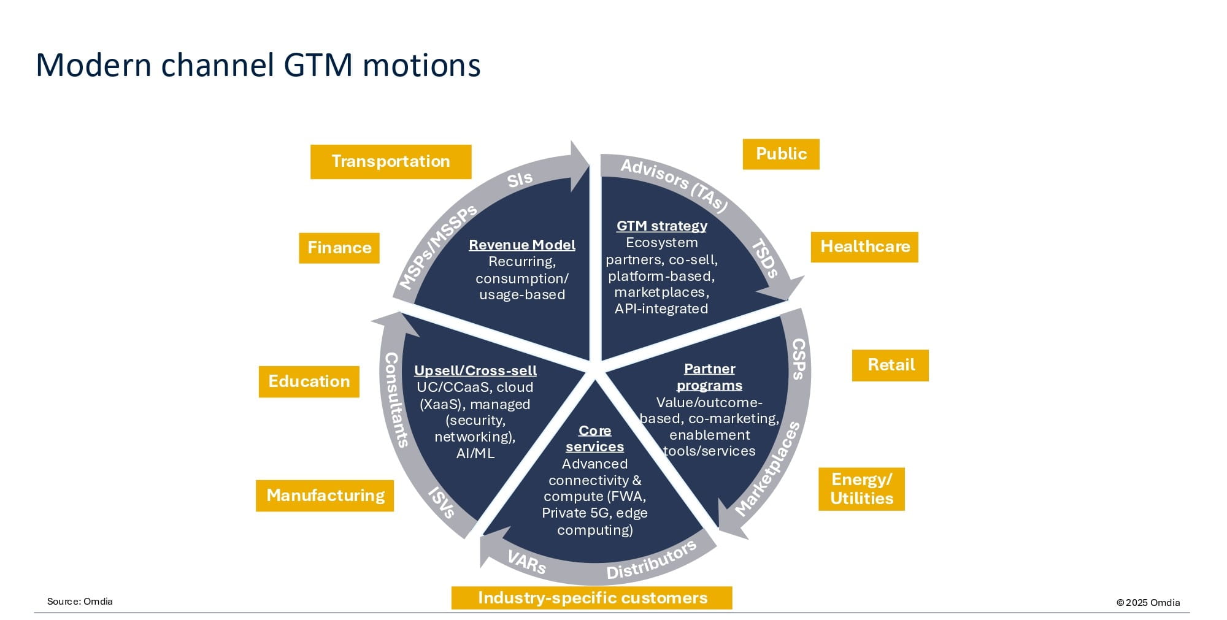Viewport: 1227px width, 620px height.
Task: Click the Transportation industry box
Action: coord(391,162)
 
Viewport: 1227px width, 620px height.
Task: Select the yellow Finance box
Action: coord(339,248)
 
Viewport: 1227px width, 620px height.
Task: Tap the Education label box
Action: coord(309,381)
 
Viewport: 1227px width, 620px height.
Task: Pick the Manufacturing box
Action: coord(325,496)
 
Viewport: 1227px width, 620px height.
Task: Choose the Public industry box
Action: coord(781,154)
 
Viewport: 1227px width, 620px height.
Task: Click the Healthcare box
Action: coord(865,247)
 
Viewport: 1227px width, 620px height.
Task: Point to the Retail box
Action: coord(891,365)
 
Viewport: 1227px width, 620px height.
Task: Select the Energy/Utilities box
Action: coord(861,489)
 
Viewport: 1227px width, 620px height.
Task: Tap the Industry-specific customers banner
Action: coord(592,598)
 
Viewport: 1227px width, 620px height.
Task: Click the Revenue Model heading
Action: coord(522,245)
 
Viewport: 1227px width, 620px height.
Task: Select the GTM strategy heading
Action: coord(662,226)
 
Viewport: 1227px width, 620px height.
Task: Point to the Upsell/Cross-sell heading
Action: coord(475,370)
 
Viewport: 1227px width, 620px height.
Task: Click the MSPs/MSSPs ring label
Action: coord(438,247)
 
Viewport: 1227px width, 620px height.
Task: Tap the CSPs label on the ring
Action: coord(798,359)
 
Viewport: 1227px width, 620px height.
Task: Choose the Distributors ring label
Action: coord(652,560)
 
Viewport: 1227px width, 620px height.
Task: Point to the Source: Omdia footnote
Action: coord(80,602)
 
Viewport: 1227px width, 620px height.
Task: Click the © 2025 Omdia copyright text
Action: coord(1148,603)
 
